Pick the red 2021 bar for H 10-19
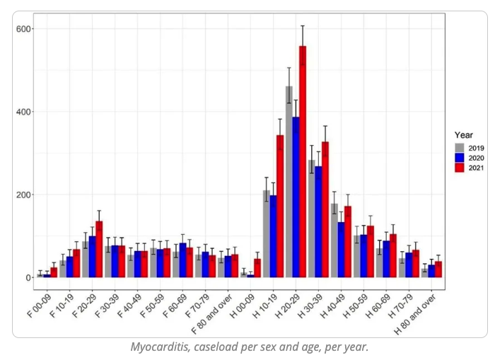coord(280,206)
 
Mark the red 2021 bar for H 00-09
coord(257,268)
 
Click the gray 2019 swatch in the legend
coord(458,147)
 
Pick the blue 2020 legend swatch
coord(458,158)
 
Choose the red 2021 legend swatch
coord(458,168)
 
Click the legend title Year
coord(463,134)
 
